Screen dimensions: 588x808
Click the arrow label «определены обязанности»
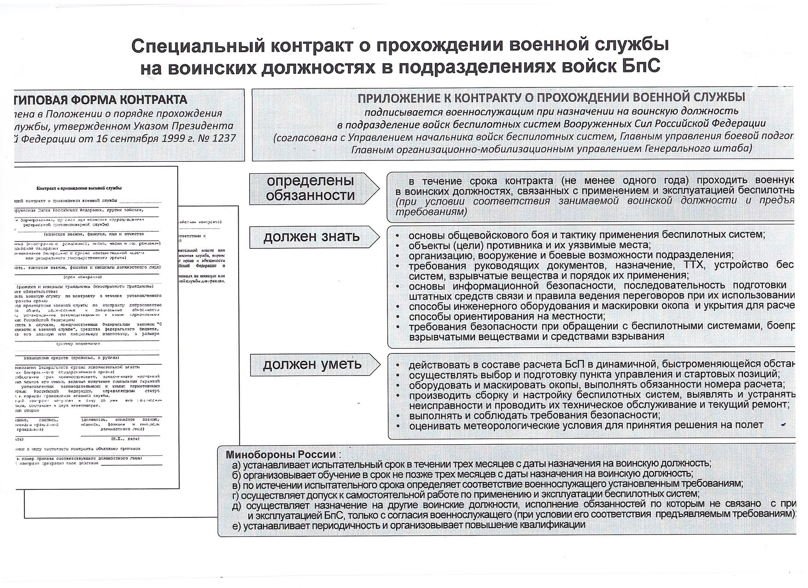pos(310,188)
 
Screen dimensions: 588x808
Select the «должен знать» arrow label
pos(311,237)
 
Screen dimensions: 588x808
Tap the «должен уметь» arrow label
pos(312,365)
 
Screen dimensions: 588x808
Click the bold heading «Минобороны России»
pos(280,454)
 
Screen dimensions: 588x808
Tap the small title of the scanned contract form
pos(79,188)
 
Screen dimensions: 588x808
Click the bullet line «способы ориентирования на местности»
pos(506,317)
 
